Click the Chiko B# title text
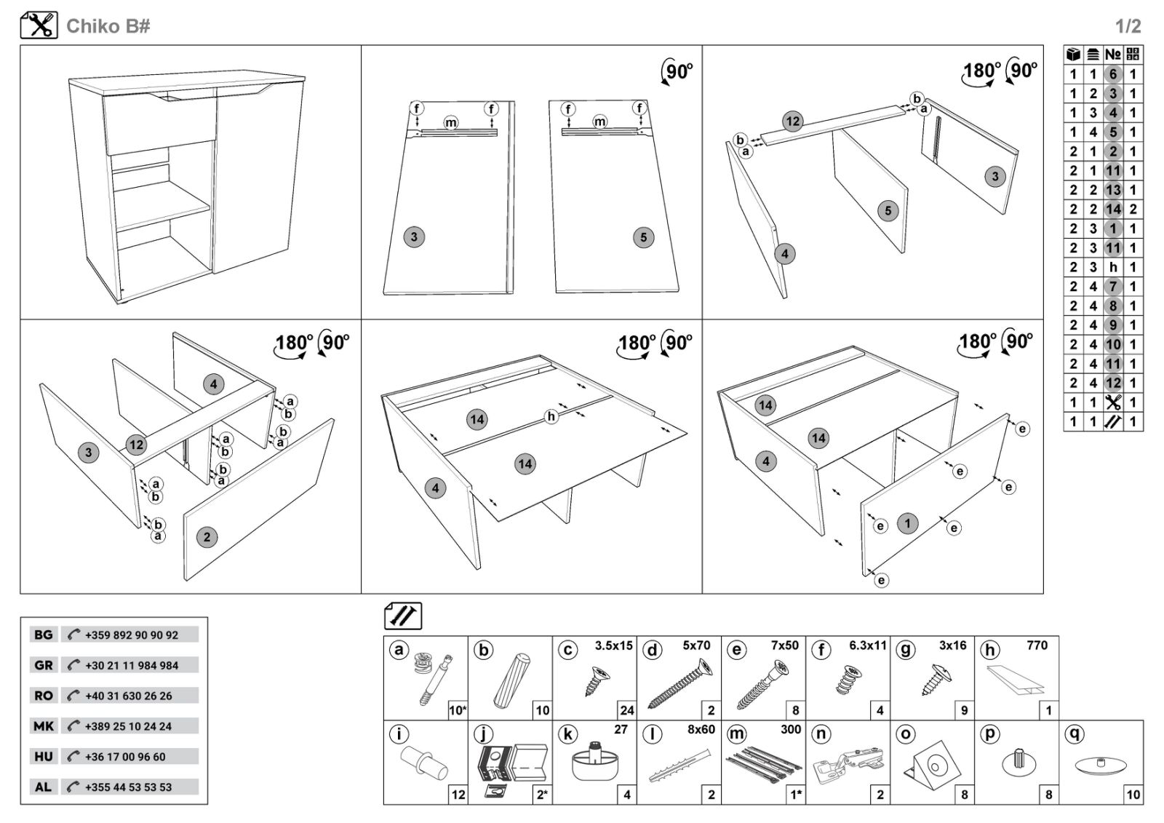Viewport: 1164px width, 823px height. (x=108, y=26)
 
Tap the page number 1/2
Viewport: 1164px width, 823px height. (x=1128, y=27)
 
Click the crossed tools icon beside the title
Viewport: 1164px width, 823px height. (x=39, y=25)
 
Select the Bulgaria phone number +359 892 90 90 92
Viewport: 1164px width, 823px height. (x=131, y=635)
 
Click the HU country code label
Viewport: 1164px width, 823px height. (x=44, y=756)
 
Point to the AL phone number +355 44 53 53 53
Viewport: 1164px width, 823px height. (x=128, y=787)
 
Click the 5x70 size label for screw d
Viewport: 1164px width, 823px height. (x=696, y=645)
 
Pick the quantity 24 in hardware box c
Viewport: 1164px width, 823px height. (x=626, y=710)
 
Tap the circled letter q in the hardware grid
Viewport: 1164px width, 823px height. (x=1074, y=734)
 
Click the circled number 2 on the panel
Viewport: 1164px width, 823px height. (x=207, y=537)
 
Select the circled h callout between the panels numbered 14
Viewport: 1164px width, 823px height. (x=551, y=416)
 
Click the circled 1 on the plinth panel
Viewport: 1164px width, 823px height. (x=907, y=522)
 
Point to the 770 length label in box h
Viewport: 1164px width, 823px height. (x=1037, y=645)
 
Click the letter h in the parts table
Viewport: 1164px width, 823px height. (x=1112, y=267)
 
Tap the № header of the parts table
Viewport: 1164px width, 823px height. (x=1112, y=55)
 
